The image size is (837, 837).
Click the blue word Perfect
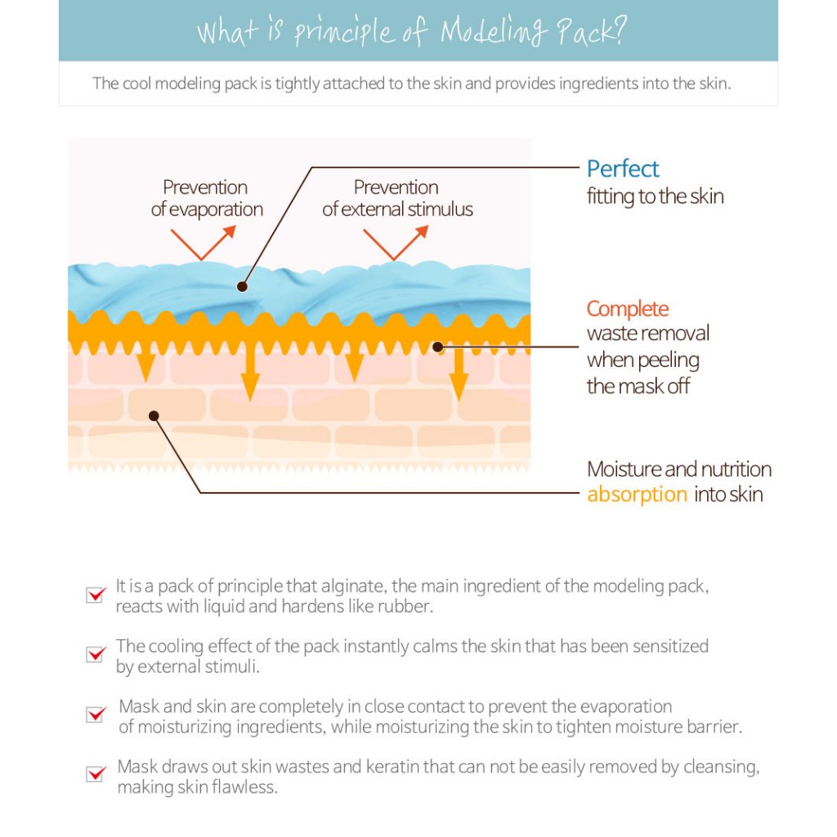(x=623, y=169)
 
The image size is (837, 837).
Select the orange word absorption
(x=637, y=495)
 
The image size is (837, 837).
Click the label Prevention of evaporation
(x=206, y=198)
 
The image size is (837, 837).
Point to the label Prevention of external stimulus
(x=397, y=198)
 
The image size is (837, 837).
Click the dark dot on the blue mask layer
(x=242, y=286)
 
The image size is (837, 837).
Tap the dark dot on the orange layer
(x=437, y=347)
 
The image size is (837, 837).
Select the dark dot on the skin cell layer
(x=154, y=415)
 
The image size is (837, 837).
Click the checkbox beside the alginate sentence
(x=96, y=594)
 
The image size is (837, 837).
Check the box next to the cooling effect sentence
(x=96, y=654)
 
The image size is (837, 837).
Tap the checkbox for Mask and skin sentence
(x=96, y=714)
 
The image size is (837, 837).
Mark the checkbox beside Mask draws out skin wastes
(x=96, y=772)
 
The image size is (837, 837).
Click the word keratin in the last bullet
(x=426, y=767)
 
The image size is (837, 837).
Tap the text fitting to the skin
(x=655, y=196)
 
